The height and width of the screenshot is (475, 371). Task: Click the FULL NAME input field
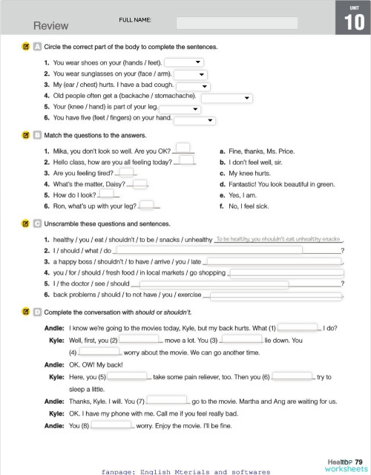pos(237,23)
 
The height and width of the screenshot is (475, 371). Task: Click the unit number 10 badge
pos(353,22)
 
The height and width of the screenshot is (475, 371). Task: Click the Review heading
pos(50,26)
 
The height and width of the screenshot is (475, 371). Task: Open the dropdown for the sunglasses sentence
pos(190,74)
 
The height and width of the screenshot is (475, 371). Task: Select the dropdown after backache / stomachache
pos(226,96)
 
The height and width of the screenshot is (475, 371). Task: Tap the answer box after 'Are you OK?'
pos(183,148)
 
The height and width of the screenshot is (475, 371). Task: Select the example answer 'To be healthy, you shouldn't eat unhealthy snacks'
pos(278,239)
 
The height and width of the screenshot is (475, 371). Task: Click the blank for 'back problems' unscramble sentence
pos(278,295)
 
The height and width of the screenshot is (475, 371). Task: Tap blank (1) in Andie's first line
pos(298,327)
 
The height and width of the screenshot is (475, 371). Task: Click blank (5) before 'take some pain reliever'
pos(128,377)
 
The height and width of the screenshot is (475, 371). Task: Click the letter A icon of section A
pos(36,47)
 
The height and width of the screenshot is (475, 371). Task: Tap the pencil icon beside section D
pos(25,312)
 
